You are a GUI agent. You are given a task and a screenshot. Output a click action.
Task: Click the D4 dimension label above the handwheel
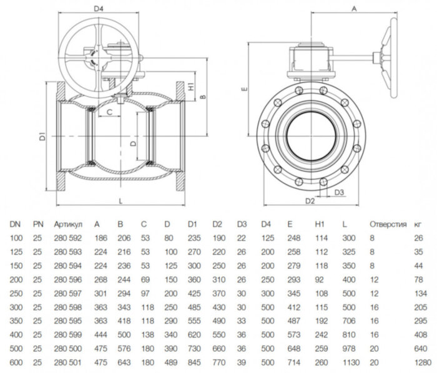(97, 9)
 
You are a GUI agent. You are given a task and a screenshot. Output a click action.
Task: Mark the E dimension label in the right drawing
(245, 89)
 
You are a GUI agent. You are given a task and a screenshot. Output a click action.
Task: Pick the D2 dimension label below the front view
(309, 201)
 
